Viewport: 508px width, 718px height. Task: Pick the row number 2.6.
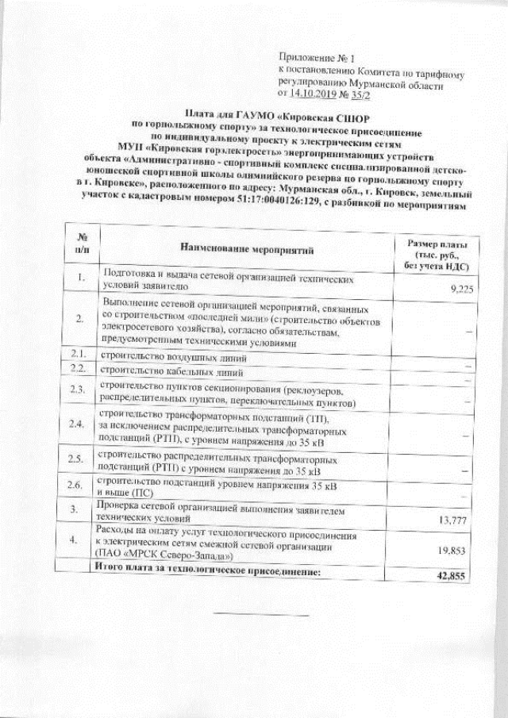click(76, 485)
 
